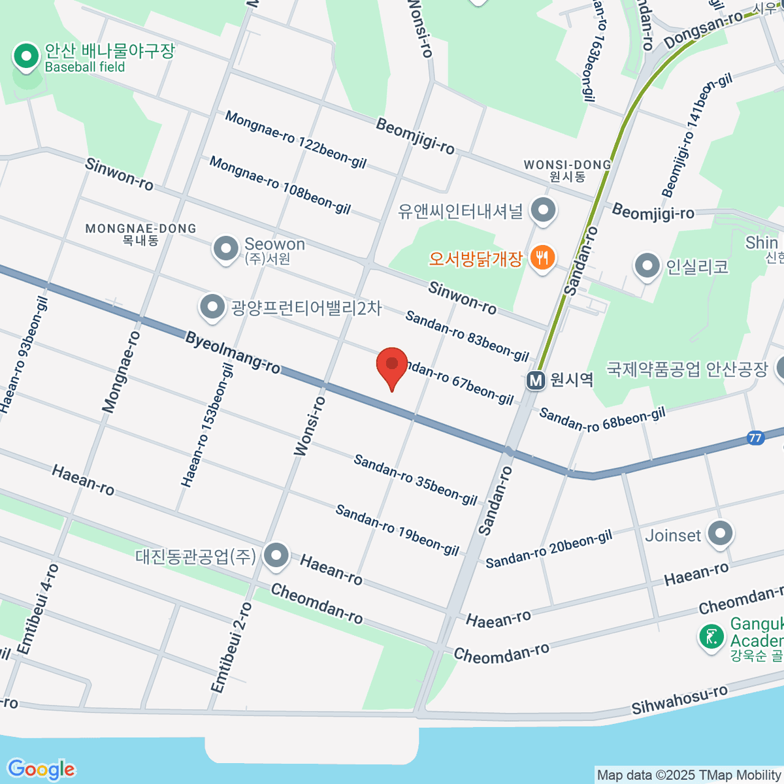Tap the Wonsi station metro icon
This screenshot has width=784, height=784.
536,380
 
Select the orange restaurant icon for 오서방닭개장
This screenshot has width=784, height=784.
542,258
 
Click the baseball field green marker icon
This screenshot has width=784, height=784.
27,57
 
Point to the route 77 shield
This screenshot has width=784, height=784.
755,438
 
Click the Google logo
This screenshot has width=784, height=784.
41,769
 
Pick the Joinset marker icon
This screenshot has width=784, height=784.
720,534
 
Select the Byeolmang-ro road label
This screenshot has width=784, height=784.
233,353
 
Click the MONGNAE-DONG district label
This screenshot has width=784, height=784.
140,229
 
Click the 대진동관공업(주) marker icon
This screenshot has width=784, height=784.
276,556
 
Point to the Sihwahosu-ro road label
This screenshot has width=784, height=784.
679,699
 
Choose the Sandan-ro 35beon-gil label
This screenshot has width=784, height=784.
416,480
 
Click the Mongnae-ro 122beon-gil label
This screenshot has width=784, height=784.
295,139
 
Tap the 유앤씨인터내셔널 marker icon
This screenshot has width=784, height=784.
542,211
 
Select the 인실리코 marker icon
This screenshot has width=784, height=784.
647,267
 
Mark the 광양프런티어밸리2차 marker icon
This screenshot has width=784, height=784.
212,307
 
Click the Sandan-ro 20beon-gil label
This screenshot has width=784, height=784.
549,549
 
